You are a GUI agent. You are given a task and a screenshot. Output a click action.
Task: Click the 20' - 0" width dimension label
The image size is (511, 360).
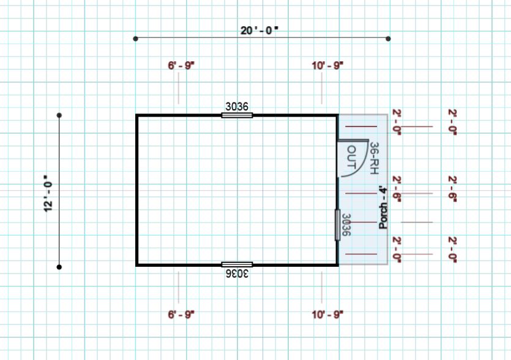click(x=259, y=31)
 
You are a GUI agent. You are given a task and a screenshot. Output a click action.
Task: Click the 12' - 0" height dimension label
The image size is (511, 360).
click(x=48, y=193)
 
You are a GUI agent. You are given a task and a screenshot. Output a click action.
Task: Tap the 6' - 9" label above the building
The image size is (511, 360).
click(x=181, y=66)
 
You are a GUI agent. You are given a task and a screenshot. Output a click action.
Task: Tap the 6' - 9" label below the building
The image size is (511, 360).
click(x=181, y=315)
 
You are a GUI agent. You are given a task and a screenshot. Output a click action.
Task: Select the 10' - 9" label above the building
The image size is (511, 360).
click(x=327, y=66)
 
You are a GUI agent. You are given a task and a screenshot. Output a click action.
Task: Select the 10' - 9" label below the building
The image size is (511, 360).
click(x=327, y=315)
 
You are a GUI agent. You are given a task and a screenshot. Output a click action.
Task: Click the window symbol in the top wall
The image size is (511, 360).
click(x=237, y=115)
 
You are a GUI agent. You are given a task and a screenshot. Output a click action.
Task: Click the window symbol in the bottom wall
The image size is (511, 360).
click(x=237, y=264)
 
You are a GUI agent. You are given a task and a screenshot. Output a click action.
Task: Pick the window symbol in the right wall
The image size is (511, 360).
click(x=337, y=224)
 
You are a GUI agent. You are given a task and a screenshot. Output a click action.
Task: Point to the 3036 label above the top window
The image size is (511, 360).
click(x=237, y=107)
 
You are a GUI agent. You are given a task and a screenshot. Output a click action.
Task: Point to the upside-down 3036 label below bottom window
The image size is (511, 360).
click(x=237, y=273)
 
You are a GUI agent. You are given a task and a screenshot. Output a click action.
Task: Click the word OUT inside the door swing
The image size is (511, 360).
click(x=351, y=157)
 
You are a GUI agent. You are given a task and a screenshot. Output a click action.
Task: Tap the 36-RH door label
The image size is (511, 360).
click(x=374, y=158)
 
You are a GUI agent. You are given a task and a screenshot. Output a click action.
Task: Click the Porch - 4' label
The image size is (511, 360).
click(x=384, y=208)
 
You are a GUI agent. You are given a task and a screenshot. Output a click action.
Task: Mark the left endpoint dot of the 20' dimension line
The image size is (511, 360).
click(x=136, y=39)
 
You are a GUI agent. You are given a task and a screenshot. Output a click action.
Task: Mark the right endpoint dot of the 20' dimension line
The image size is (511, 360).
click(x=388, y=39)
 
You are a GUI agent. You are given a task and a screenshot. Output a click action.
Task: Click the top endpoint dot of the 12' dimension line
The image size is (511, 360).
click(x=59, y=115)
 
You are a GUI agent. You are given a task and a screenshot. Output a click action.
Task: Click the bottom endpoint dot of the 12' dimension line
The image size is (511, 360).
click(x=59, y=267)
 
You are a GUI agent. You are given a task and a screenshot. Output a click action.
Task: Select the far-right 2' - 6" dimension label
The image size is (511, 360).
click(x=452, y=190)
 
